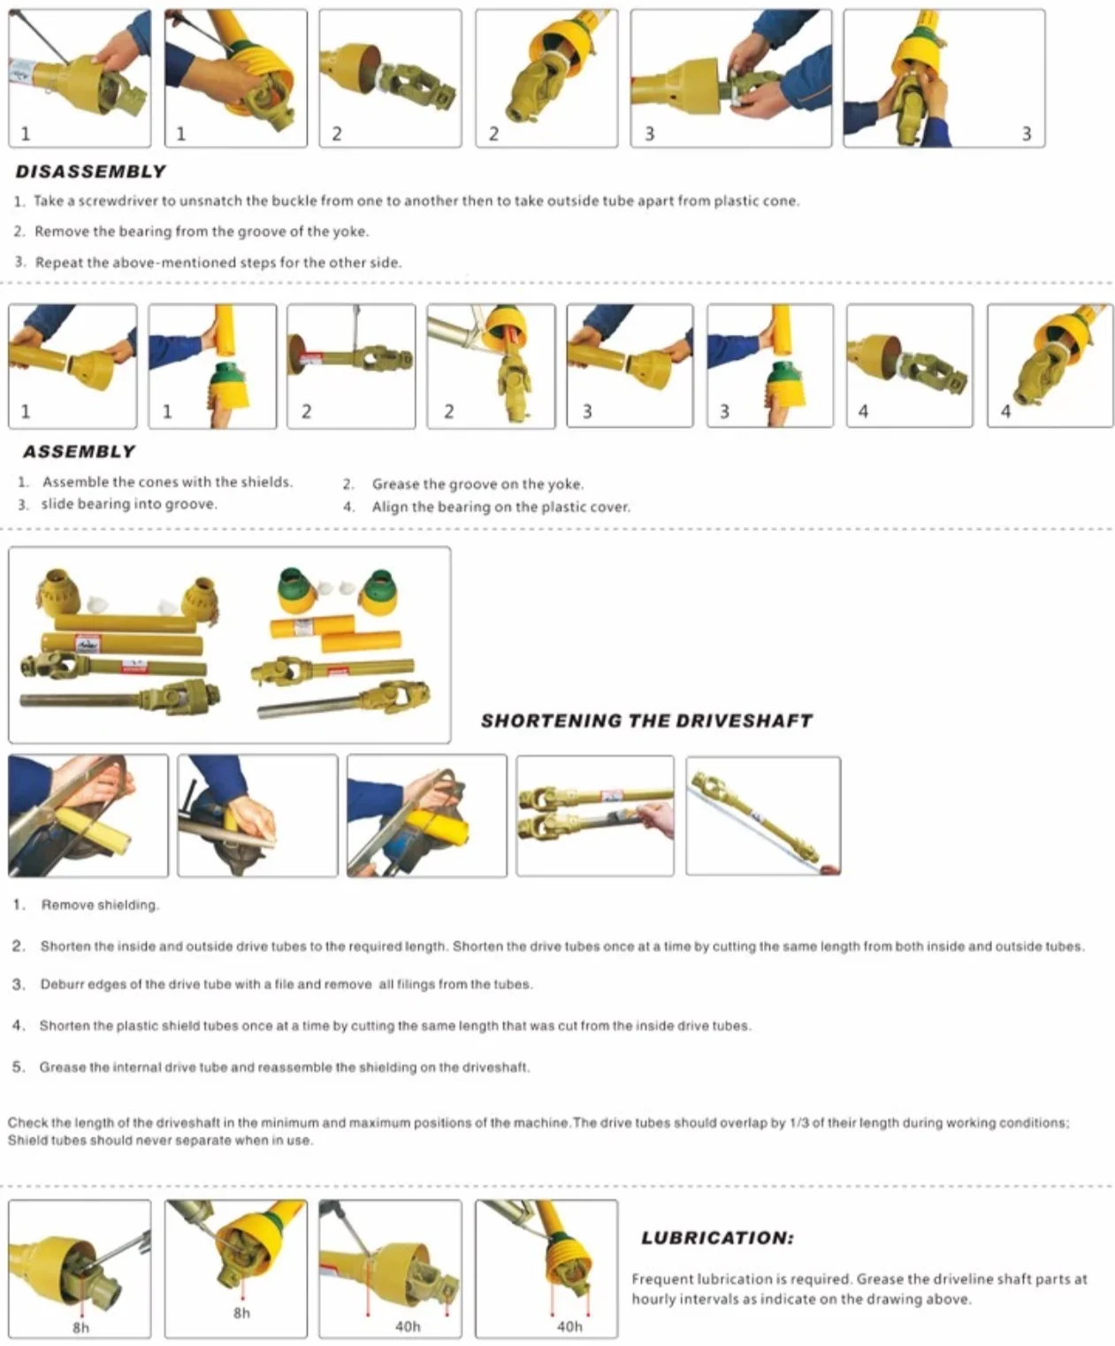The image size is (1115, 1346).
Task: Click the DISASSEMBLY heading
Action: click(x=90, y=172)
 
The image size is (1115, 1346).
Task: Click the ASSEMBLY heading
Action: click(x=80, y=451)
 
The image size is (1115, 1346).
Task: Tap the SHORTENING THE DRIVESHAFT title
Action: click(x=646, y=721)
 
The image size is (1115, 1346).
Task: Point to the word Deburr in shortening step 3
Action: click(x=61, y=984)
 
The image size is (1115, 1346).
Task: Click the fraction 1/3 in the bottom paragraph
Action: click(x=799, y=1122)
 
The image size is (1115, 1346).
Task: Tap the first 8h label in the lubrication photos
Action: click(x=81, y=1328)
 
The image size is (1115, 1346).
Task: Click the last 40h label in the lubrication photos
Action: click(x=569, y=1327)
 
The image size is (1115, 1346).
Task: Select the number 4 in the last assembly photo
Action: click(x=1005, y=411)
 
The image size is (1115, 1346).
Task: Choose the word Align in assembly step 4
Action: click(x=386, y=508)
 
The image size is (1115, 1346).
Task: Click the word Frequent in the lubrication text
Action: click(x=660, y=1280)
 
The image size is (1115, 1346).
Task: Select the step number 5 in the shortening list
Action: click(x=18, y=1067)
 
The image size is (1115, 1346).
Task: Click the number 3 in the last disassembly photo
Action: click(x=1027, y=134)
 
